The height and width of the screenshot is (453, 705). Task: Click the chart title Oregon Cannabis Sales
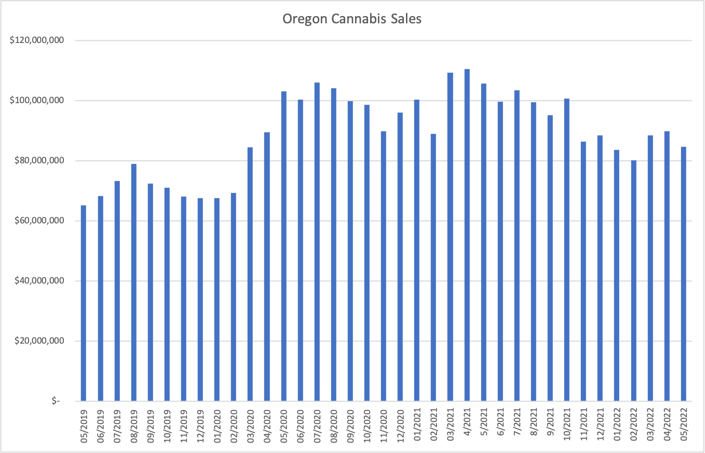(352, 19)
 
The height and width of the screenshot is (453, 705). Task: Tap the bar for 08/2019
(133, 282)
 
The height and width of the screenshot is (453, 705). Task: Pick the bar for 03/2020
(250, 274)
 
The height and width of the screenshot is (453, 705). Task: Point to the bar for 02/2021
(433, 267)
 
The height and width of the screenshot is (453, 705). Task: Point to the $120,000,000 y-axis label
(35, 40)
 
